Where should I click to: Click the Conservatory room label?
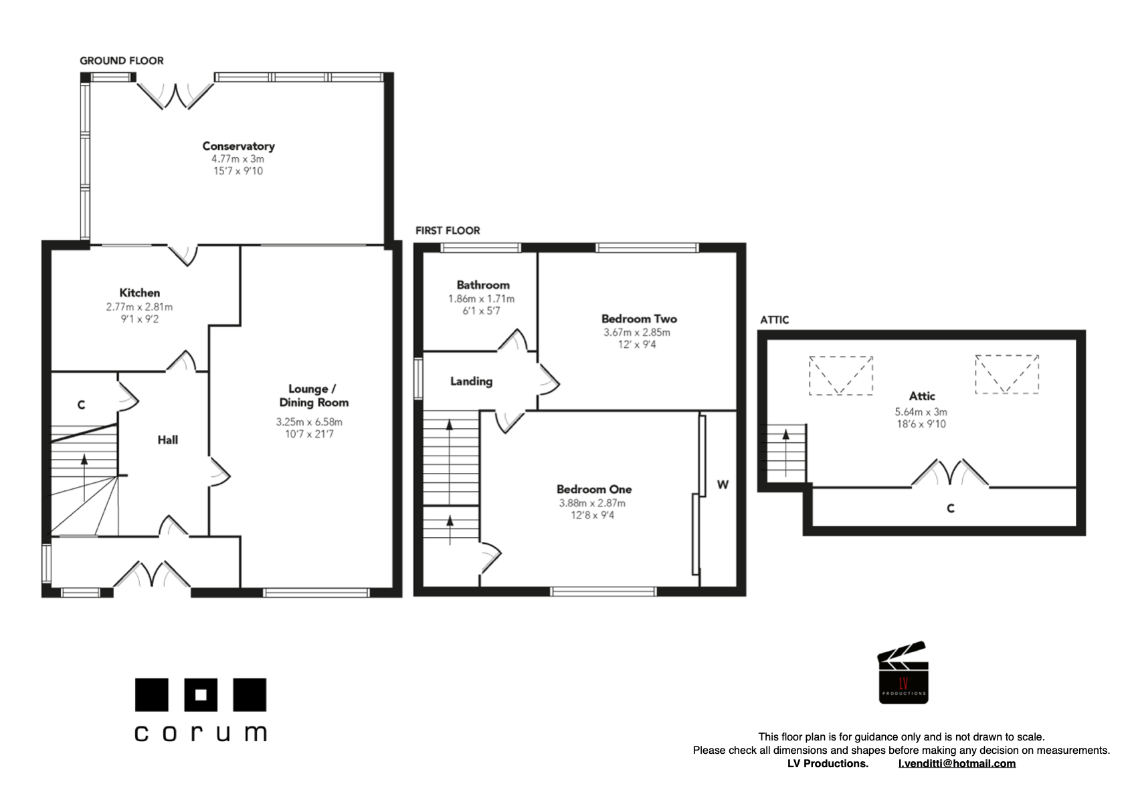tap(238, 146)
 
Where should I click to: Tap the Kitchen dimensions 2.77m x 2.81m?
tap(139, 307)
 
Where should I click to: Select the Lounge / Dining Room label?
tap(313, 395)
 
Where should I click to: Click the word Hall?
tap(167, 439)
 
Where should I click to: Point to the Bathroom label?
tap(482, 285)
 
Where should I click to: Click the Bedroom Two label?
tap(638, 319)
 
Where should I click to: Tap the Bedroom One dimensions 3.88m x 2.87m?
tap(592, 503)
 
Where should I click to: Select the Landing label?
tap(471, 381)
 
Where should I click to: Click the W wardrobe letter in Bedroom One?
tap(722, 484)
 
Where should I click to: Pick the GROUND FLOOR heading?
tap(122, 60)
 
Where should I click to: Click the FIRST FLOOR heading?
tap(448, 230)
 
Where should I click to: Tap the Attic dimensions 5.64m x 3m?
tap(921, 412)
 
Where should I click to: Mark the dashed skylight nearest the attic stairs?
tap(840, 375)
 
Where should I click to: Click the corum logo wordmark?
tap(200, 732)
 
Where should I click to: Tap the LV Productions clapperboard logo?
tap(903, 673)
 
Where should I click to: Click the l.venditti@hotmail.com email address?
tap(956, 763)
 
